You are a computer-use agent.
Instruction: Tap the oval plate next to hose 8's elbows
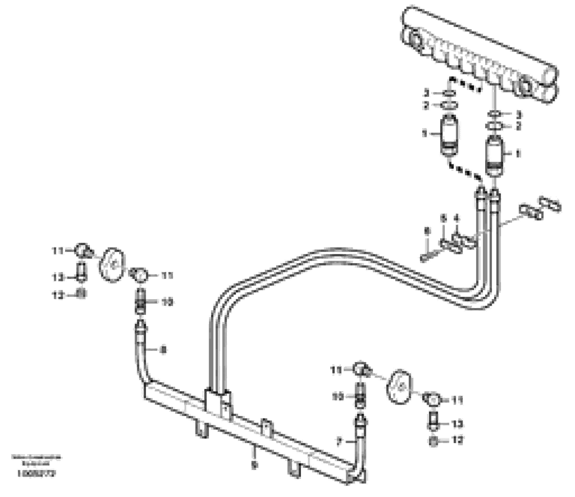(x=112, y=265)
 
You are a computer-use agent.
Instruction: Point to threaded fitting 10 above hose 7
(x=359, y=397)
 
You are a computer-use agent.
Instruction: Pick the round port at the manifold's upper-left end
(x=414, y=42)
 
